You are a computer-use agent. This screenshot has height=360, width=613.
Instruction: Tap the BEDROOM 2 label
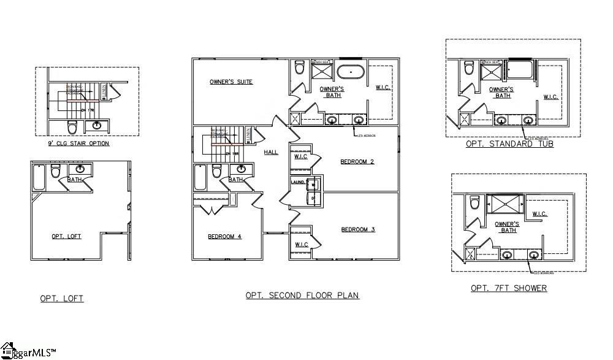coord(357,162)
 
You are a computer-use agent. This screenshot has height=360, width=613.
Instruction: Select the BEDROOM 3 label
coord(357,229)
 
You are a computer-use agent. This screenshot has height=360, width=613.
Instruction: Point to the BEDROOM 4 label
coord(224,236)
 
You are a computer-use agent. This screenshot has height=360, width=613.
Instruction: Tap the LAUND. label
coord(298,182)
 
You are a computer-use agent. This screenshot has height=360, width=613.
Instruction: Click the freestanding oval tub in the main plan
coord(351,72)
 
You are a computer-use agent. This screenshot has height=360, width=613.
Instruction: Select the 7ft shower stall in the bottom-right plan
coord(506,203)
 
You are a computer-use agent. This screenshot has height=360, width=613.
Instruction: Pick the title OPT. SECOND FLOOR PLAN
coord(302,295)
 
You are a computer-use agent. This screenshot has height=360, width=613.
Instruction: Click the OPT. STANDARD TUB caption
coord(509,144)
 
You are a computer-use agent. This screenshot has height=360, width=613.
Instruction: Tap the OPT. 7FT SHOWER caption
coord(508,288)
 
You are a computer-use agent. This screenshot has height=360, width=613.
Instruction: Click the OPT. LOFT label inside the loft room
coord(66,236)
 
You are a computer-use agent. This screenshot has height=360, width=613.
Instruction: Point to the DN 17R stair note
coord(86,110)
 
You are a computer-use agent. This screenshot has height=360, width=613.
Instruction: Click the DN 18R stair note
coord(231,153)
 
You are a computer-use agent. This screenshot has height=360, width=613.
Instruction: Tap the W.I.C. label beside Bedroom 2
coord(300,156)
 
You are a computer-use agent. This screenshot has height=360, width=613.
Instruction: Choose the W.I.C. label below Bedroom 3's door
coord(301,245)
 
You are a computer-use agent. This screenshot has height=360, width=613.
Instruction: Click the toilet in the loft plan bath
coord(56,171)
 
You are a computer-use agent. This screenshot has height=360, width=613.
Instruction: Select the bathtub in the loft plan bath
coord(39,177)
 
